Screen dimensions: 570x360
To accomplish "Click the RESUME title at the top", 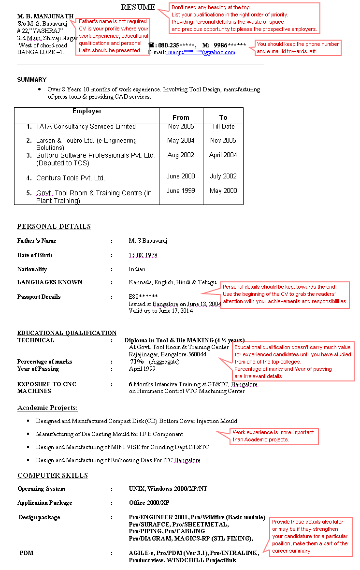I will [x=138, y=7].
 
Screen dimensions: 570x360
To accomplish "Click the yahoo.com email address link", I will [x=202, y=52].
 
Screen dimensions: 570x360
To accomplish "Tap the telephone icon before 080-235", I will [x=151, y=45].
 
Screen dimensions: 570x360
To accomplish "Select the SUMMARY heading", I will [x=32, y=80].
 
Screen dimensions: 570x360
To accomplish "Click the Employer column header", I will [x=87, y=111].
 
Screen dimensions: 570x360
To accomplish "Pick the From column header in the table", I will [x=181, y=117].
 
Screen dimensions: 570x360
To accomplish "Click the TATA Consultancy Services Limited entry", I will [x=86, y=127].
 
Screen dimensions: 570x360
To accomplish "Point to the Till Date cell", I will [x=223, y=127].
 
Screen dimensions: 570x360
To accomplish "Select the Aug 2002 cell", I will [x=181, y=155].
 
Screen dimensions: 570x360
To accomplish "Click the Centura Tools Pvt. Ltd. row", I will [x=71, y=178].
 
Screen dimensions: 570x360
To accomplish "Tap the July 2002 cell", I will [x=223, y=176].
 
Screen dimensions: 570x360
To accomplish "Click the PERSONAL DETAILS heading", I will [x=54, y=226].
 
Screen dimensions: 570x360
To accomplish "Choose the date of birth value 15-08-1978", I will [x=143, y=255].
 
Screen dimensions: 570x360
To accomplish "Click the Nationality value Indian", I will [x=137, y=269].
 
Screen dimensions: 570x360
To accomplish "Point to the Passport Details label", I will [x=39, y=297].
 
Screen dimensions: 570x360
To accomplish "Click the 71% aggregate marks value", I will [x=137, y=362].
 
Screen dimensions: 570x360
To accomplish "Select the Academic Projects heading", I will [x=47, y=408].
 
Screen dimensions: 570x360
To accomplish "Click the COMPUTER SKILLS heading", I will [x=53, y=475].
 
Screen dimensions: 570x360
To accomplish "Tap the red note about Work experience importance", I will [x=274, y=436].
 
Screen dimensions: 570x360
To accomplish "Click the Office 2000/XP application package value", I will [x=149, y=503].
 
